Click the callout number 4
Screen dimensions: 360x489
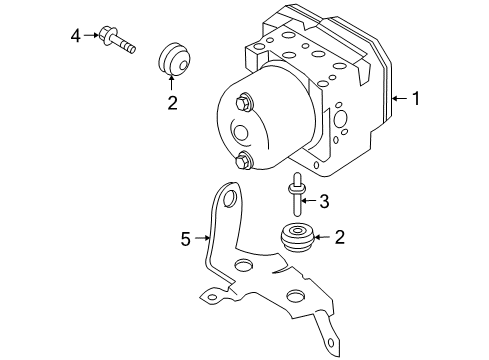[76, 37]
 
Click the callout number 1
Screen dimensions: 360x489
[417, 98]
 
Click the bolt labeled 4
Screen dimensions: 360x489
[116, 41]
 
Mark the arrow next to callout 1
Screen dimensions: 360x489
[399, 98]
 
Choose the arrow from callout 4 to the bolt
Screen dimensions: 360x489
[92, 38]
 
